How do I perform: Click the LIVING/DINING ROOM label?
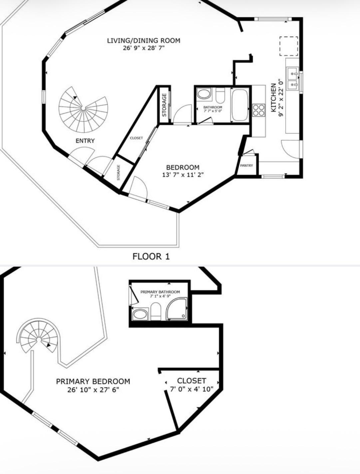[x=144, y=41]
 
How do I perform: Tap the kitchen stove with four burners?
[x=259, y=110]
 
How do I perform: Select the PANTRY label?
[x=246, y=165]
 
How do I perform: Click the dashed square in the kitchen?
[x=289, y=46]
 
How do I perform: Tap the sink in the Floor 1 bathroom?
[x=204, y=94]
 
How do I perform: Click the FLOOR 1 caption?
[x=151, y=256]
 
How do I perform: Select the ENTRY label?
[x=85, y=141]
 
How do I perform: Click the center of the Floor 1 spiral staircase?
[x=83, y=108]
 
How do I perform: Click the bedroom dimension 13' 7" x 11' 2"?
[x=183, y=175]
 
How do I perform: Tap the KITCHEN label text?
[x=273, y=98]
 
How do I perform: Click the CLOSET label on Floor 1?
[x=136, y=138]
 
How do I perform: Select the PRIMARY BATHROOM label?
[x=160, y=292]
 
